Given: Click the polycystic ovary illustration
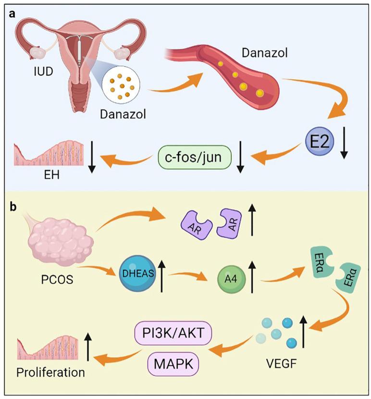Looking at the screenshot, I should click(59, 239).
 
